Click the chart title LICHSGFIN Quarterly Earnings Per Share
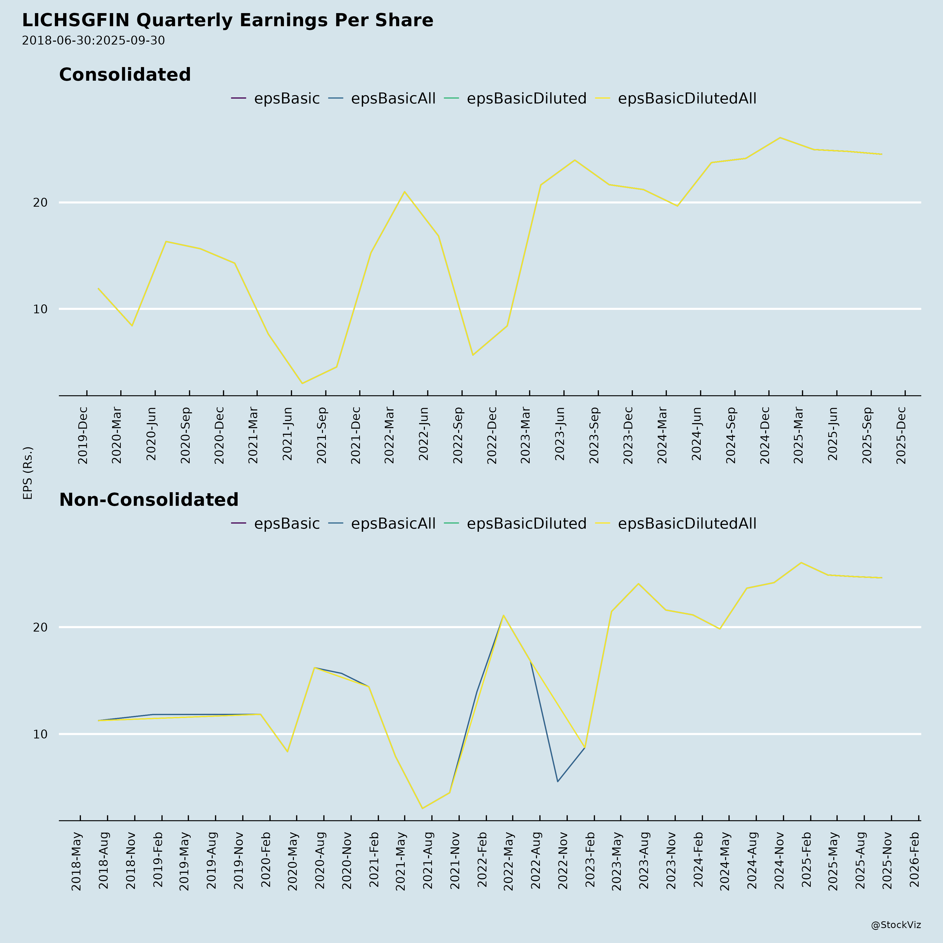click(x=227, y=20)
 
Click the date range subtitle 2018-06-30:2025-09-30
click(x=93, y=41)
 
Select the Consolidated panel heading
click(x=125, y=75)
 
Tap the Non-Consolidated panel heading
click(x=149, y=500)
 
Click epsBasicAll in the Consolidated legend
click(x=393, y=98)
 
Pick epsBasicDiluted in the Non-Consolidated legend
click(x=526, y=524)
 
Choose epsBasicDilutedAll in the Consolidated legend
click(x=687, y=98)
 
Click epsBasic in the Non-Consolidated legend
click(x=287, y=524)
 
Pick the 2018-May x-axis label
click(x=77, y=862)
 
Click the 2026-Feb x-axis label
click(x=915, y=862)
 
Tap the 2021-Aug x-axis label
click(x=427, y=862)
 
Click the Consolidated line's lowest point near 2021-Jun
click(x=302, y=383)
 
